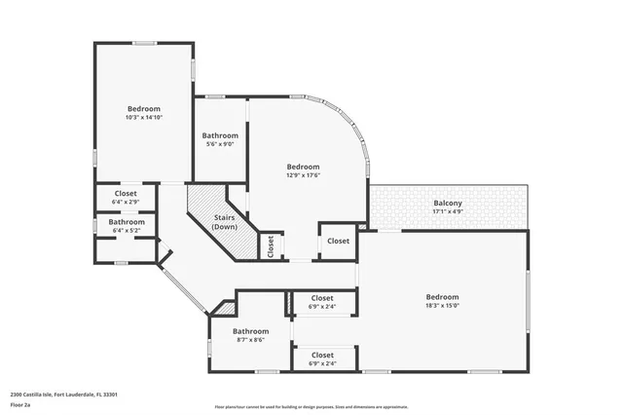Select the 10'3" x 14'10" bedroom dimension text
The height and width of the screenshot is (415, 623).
tap(143, 118)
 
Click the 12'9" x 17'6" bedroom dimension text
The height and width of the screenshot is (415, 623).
tap(303, 175)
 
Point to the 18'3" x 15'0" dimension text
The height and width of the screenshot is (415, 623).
tap(441, 306)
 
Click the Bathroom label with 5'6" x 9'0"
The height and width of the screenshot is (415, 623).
tap(220, 135)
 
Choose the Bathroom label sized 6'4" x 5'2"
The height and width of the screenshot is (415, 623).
tap(127, 222)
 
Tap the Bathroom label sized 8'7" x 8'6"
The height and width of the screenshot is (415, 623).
tap(250, 331)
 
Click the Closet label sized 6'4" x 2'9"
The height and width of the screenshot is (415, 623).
tap(126, 193)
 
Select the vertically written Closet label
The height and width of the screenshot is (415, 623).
tap(271, 246)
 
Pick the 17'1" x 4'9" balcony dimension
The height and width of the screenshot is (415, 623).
tap(448, 211)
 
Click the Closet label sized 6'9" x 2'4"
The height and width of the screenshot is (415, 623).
tap(321, 298)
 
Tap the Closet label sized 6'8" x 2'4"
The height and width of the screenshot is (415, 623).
tap(321, 356)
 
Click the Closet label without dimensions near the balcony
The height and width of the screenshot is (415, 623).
tap(338, 241)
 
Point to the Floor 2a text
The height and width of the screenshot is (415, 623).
tap(20, 403)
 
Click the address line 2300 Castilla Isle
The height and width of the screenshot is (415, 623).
tap(63, 395)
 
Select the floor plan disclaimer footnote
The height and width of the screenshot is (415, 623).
tap(311, 406)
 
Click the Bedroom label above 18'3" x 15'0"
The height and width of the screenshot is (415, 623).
tap(441, 297)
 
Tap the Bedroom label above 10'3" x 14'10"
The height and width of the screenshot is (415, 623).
tap(143, 109)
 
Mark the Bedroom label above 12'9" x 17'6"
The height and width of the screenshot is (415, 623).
tap(303, 167)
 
